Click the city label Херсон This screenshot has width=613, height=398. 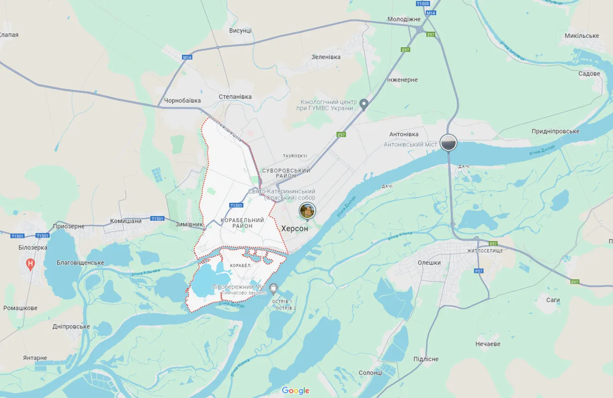(294, 228)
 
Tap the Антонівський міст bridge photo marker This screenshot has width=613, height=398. (448, 142)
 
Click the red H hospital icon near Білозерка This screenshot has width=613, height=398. (31, 263)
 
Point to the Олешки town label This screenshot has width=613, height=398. (429, 263)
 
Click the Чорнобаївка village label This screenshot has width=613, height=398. (182, 101)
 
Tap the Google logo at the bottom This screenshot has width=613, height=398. (295, 390)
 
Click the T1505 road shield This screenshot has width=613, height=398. (423, 4)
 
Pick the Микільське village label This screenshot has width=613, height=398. (581, 36)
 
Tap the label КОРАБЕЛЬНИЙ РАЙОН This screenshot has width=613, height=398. (242, 223)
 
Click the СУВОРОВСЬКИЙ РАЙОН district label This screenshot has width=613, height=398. (285, 173)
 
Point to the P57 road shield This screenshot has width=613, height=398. (479, 271)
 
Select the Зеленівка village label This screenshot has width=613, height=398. (326, 57)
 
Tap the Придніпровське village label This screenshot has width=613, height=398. (555, 131)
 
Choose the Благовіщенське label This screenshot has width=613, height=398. (80, 263)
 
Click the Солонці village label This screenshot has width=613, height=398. (371, 373)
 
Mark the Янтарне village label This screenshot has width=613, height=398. (35, 358)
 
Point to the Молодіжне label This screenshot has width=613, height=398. (404, 19)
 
